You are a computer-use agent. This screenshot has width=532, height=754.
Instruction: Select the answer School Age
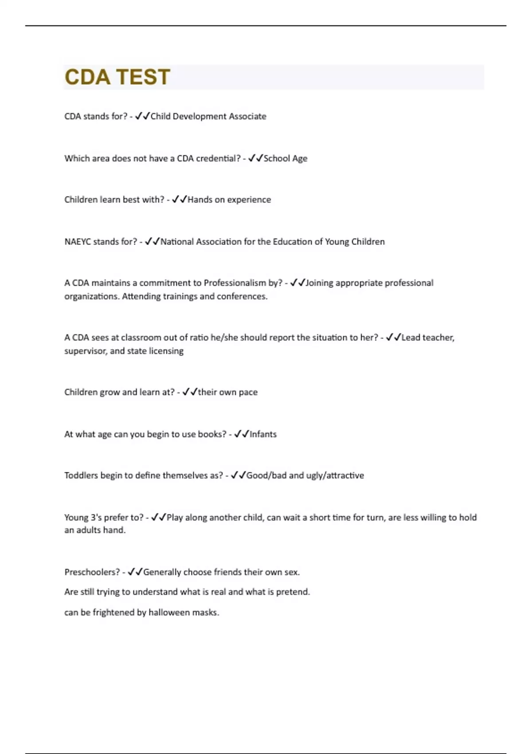point(285,158)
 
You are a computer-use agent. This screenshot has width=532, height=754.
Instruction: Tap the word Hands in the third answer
point(200,200)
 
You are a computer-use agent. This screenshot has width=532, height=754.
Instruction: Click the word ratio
point(199,338)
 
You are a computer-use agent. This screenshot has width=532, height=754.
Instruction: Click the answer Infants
point(263,434)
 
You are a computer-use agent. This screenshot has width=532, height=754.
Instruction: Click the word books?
point(212,434)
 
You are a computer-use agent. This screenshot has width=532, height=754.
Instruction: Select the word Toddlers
point(81,475)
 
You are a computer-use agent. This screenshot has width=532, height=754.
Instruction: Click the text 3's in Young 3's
point(97,517)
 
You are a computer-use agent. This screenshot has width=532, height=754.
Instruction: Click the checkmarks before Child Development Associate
point(142,116)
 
